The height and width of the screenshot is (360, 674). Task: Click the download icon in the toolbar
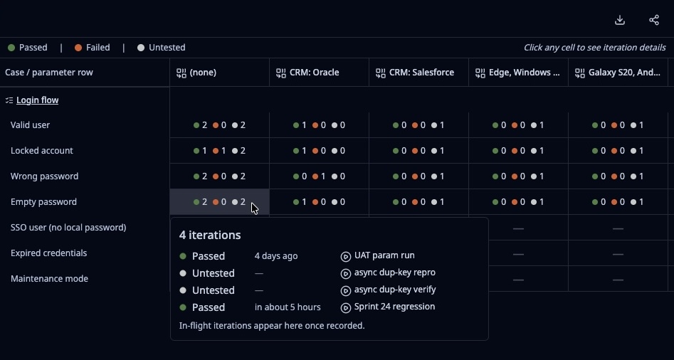620,20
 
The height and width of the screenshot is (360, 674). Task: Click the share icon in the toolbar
654,20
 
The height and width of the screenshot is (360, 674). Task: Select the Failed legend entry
92,48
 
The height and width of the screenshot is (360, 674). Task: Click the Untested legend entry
161,48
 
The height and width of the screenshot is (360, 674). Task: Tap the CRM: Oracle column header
307,73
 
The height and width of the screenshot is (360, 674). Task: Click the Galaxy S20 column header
618,73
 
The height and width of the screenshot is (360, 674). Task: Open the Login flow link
38,100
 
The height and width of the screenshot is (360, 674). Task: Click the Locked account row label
42,151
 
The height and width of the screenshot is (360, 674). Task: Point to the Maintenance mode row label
49,279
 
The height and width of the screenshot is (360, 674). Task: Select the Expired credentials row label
48,253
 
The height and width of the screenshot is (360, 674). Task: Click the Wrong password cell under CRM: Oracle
319,176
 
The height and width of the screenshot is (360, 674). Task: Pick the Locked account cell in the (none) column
219,151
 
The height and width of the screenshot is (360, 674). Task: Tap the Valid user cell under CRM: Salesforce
418,125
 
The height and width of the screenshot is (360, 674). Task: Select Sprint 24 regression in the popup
388,307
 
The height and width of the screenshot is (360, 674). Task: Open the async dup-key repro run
388,272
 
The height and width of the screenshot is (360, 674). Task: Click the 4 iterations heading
210,235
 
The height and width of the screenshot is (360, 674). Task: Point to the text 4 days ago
276,256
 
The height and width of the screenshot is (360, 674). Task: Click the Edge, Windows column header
518,73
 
